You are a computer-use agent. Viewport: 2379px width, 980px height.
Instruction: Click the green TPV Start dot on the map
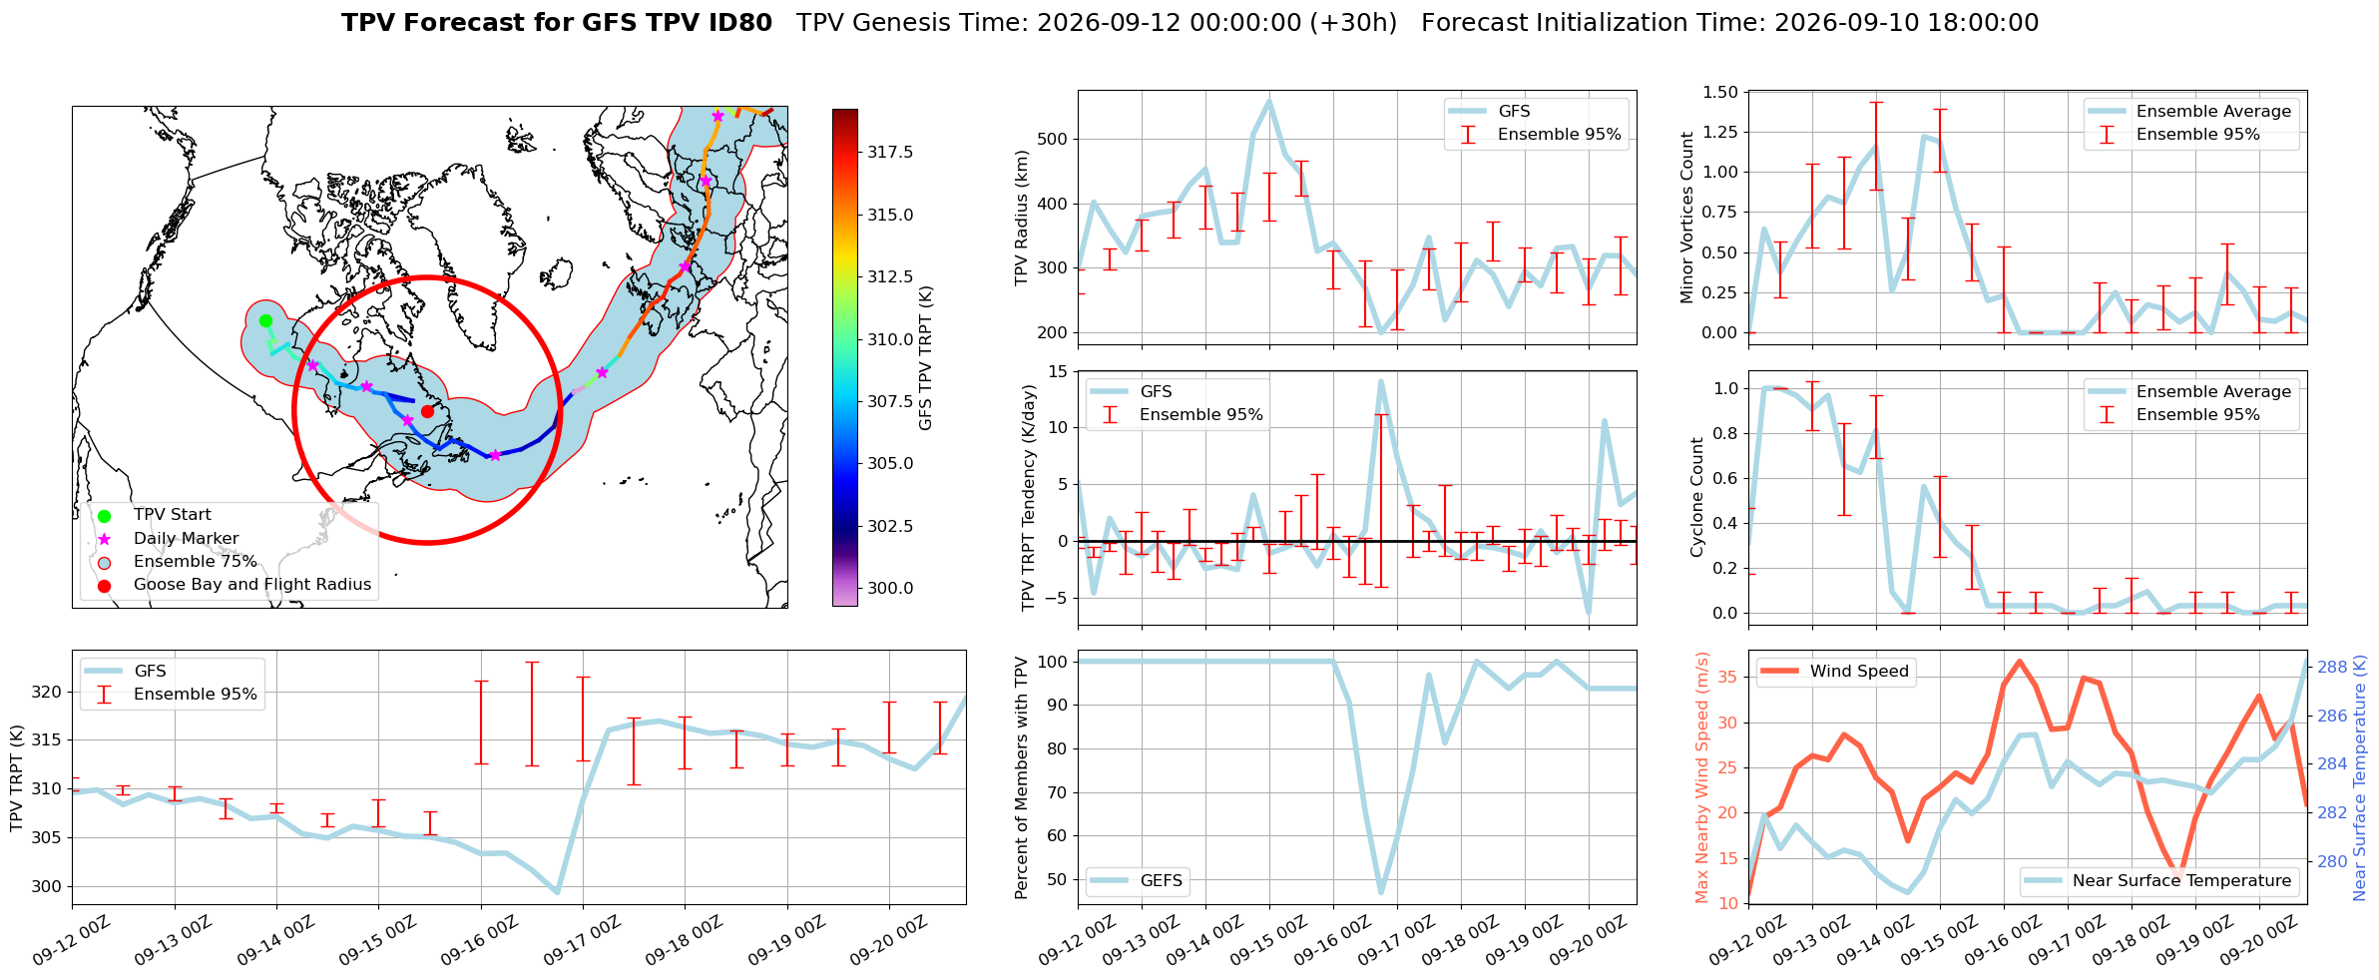pos(265,320)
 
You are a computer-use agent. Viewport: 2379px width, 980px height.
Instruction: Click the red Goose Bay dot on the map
pos(427,411)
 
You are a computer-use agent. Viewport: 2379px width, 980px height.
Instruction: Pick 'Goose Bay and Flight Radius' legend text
pos(252,584)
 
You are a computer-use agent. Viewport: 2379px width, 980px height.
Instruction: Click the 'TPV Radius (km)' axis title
pos(1021,218)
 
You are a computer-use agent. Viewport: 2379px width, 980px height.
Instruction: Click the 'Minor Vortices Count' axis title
pos(1687,218)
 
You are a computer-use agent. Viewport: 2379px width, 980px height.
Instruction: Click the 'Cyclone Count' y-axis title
pos(1696,497)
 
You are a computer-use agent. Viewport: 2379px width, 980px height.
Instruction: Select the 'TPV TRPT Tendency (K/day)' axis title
pos(1029,497)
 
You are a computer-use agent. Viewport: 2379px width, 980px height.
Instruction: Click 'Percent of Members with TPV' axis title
pos(1021,777)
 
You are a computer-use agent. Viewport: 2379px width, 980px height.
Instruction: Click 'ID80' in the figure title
pos(741,23)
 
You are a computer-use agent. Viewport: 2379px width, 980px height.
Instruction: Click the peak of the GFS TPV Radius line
pos(1269,100)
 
